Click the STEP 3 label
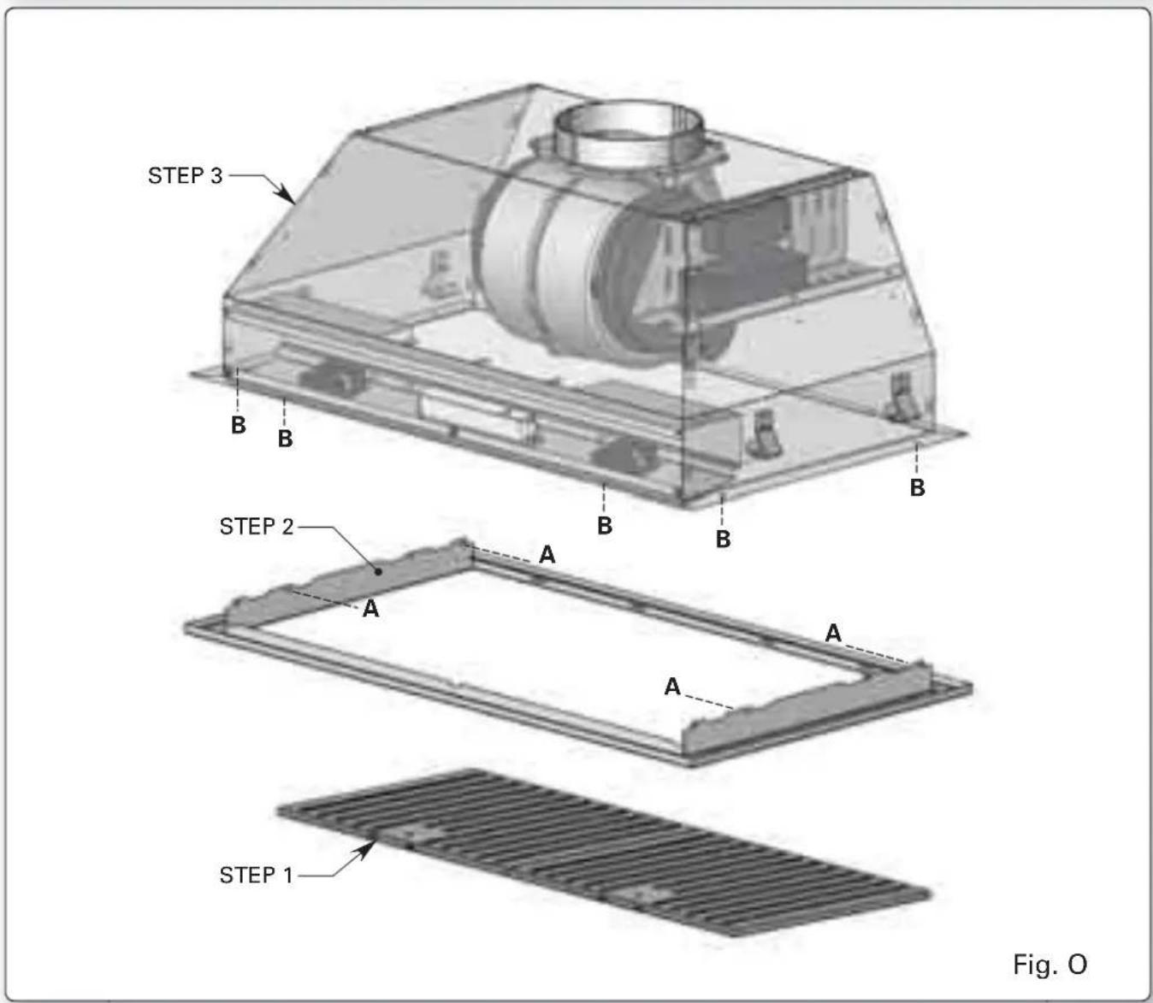185,175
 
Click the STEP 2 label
256,526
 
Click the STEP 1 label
256,875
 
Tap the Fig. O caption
1050,965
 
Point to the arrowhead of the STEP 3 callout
292,201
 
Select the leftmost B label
239,424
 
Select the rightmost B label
917,487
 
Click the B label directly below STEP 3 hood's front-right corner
723,540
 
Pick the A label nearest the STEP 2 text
370,609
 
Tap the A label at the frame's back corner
547,555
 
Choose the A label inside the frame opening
672,686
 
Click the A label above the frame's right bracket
833,633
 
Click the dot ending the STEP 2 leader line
378,570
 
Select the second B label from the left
285,438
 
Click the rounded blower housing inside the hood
547,265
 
